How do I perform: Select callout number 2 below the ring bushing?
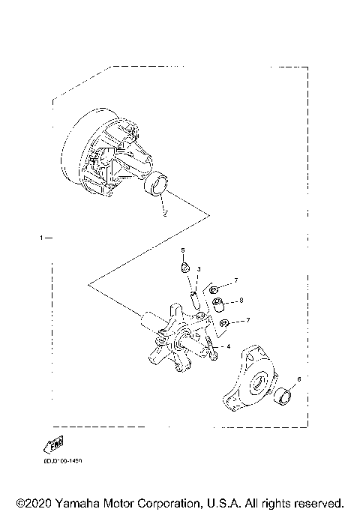pos(165,213)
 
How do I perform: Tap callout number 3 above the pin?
pos(198,268)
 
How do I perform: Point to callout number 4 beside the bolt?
pos(229,346)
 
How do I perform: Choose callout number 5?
pos(181,250)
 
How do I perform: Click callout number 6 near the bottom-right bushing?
pos(298,380)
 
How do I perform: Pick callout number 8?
pos(241,301)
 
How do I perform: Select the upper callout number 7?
pos(235,280)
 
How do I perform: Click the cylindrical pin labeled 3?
pos(194,299)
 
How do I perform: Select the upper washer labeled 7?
pos(213,289)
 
